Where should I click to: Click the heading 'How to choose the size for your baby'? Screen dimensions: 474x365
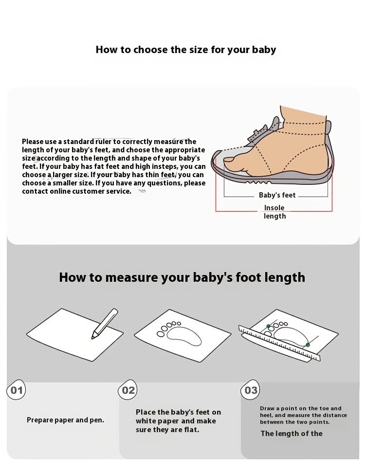coord(185,50)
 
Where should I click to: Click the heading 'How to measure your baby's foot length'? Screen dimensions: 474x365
coord(182,277)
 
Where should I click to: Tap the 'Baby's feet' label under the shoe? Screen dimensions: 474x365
coord(277,195)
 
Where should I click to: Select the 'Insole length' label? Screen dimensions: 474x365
coord(274,212)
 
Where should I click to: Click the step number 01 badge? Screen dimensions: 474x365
coord(17,390)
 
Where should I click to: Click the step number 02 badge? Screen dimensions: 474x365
coord(128,390)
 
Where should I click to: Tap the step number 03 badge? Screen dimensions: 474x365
coord(251,390)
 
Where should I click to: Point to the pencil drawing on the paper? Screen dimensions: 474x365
coord(105,323)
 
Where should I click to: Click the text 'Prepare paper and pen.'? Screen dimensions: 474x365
coord(65,420)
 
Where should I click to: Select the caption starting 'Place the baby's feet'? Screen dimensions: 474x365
coord(178,421)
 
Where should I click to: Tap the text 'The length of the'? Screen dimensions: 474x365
coord(291,434)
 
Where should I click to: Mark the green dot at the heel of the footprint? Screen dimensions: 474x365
coord(308,345)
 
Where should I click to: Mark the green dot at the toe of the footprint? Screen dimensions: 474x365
coord(268,326)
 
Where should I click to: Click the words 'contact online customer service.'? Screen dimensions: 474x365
coord(76,191)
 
